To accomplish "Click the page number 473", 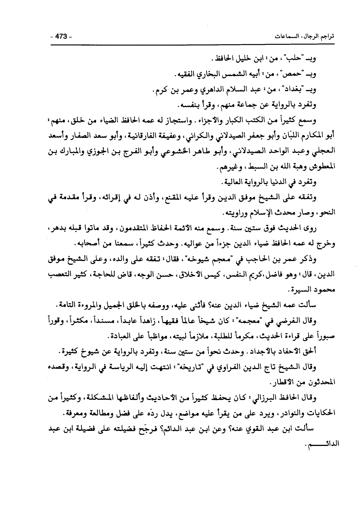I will click(x=61, y=37).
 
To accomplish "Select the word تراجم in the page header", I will click(x=327, y=37).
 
